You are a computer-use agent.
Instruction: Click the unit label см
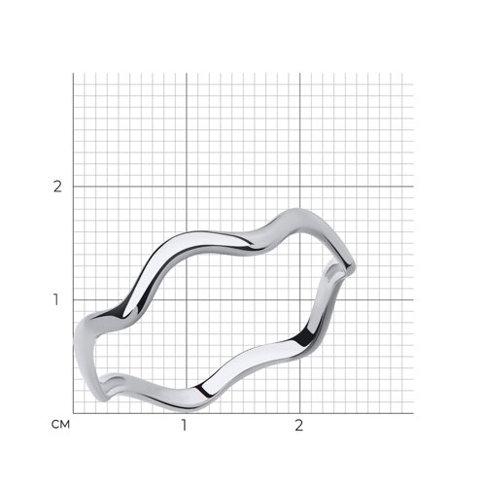click(60, 425)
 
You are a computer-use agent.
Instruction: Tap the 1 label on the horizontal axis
click(184, 425)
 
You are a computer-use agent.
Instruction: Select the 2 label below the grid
click(298, 425)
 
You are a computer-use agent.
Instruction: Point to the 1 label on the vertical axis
click(56, 299)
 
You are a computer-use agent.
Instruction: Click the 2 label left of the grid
click(57, 187)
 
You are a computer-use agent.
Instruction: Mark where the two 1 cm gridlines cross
click(187, 299)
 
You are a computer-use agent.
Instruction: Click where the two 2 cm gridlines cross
click(300, 187)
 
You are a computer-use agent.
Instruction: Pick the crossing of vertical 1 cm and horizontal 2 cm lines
click(187, 187)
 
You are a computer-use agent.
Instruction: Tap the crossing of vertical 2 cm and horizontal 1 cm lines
click(300, 299)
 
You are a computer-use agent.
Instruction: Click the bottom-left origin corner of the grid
click(73, 413)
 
